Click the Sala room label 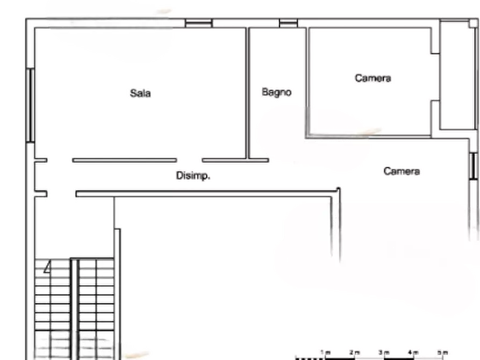pyautogui.click(x=140, y=93)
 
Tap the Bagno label pyautogui.click(x=276, y=92)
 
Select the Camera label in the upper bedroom pyautogui.click(x=373, y=78)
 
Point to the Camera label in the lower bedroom pyautogui.click(x=402, y=171)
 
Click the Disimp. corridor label pyautogui.click(x=193, y=176)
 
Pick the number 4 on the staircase pyautogui.click(x=47, y=267)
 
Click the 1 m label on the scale pyautogui.click(x=326, y=352)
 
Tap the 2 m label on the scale pyautogui.click(x=355, y=352)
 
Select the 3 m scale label pyautogui.click(x=384, y=352)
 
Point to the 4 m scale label pyautogui.click(x=413, y=352)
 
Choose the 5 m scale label pyautogui.click(x=442, y=352)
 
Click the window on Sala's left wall pyautogui.click(x=30, y=105)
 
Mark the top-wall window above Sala pyautogui.click(x=199, y=23)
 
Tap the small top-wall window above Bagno pyautogui.click(x=288, y=23)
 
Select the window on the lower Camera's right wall pyautogui.click(x=474, y=166)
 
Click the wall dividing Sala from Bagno pyautogui.click(x=247, y=93)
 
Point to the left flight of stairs pyautogui.click(x=53, y=308)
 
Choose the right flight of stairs pyautogui.click(x=96, y=308)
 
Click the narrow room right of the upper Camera pyautogui.click(x=457, y=75)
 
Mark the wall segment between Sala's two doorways pyautogui.click(x=125, y=160)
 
